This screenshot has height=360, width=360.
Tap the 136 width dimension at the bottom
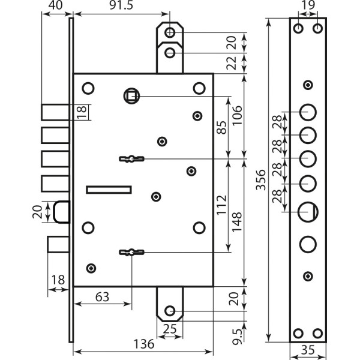pos(144,344)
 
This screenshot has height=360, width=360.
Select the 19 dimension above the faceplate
pos(307,5)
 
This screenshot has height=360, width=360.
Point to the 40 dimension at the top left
pos(55,5)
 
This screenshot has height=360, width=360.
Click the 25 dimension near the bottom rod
pos(170,329)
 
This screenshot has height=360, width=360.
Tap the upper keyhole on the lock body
pos(131,158)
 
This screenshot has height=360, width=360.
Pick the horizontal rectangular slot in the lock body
pos(109,190)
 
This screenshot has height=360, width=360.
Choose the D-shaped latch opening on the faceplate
pos(308,211)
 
